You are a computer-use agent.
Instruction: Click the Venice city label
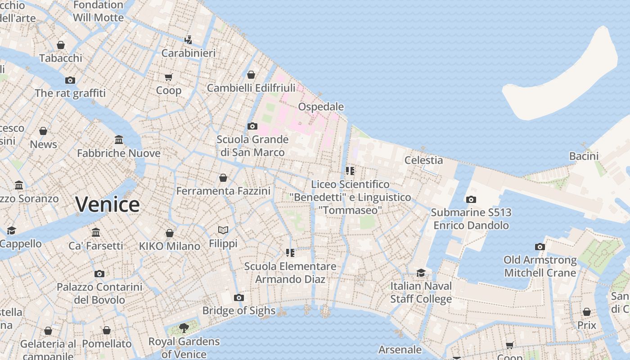click(x=108, y=205)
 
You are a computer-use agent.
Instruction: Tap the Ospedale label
click(x=321, y=107)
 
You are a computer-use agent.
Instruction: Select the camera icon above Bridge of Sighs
click(x=239, y=297)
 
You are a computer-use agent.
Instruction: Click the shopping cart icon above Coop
click(x=169, y=77)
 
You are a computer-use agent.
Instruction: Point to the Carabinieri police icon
click(x=189, y=40)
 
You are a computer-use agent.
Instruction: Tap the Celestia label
click(x=423, y=160)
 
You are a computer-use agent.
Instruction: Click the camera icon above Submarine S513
click(x=471, y=199)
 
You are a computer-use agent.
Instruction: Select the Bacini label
click(x=584, y=156)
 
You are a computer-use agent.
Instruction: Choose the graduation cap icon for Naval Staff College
click(x=421, y=273)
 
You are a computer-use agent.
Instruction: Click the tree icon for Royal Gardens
click(x=184, y=328)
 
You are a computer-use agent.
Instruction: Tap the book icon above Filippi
click(x=223, y=230)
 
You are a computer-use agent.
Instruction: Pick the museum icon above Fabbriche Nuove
click(x=119, y=139)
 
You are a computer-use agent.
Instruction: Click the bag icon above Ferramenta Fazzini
click(x=223, y=178)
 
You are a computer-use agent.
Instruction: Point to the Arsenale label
click(x=400, y=350)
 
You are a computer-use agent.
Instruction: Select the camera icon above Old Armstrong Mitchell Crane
click(x=540, y=247)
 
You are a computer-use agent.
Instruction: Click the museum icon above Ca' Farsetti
click(x=96, y=232)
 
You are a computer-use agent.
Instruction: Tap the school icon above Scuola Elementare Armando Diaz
click(x=290, y=253)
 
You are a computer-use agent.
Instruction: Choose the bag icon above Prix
click(x=587, y=312)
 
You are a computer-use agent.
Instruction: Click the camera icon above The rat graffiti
click(x=70, y=80)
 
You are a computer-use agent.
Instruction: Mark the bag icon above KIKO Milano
click(x=170, y=233)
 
